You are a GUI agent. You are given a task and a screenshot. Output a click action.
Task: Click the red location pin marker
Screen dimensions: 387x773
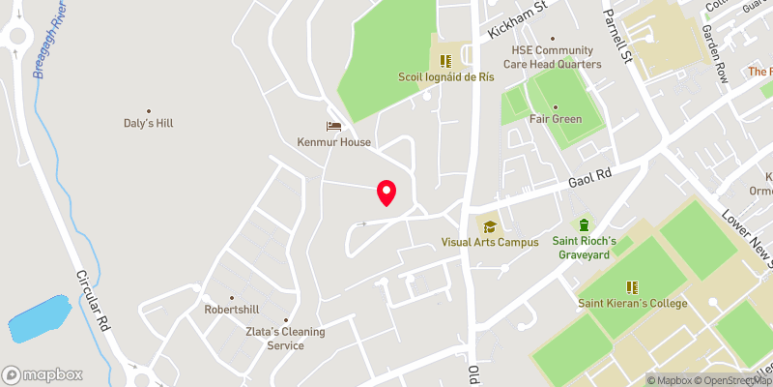[x=386, y=193]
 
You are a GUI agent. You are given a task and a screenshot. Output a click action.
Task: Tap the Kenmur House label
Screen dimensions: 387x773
[x=334, y=142]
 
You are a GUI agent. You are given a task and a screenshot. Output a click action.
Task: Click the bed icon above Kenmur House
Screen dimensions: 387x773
[x=334, y=126]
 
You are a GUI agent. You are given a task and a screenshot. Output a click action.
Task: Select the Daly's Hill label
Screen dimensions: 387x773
[x=148, y=124]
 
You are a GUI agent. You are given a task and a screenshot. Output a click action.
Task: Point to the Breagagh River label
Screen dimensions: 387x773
[x=49, y=43]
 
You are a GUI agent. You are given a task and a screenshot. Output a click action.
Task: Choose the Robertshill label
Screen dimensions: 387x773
[x=232, y=310]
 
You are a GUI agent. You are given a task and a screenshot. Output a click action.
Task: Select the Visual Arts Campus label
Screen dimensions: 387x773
[x=490, y=242]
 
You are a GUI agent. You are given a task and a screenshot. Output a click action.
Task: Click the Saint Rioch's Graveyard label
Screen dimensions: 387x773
[x=585, y=248]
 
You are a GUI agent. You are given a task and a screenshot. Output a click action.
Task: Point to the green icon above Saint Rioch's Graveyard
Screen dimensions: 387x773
[x=585, y=224]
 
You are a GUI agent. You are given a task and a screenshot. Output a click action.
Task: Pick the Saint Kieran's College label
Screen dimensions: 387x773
[x=633, y=304]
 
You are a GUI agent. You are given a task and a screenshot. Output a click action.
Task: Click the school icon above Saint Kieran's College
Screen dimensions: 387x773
[x=633, y=286]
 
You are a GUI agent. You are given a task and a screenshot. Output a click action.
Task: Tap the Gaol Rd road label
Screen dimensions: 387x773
[x=591, y=177]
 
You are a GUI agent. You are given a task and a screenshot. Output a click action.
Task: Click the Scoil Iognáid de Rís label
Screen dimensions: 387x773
[x=445, y=76]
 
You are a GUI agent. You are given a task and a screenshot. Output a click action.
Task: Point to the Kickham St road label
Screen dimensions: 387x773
[x=518, y=18]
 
